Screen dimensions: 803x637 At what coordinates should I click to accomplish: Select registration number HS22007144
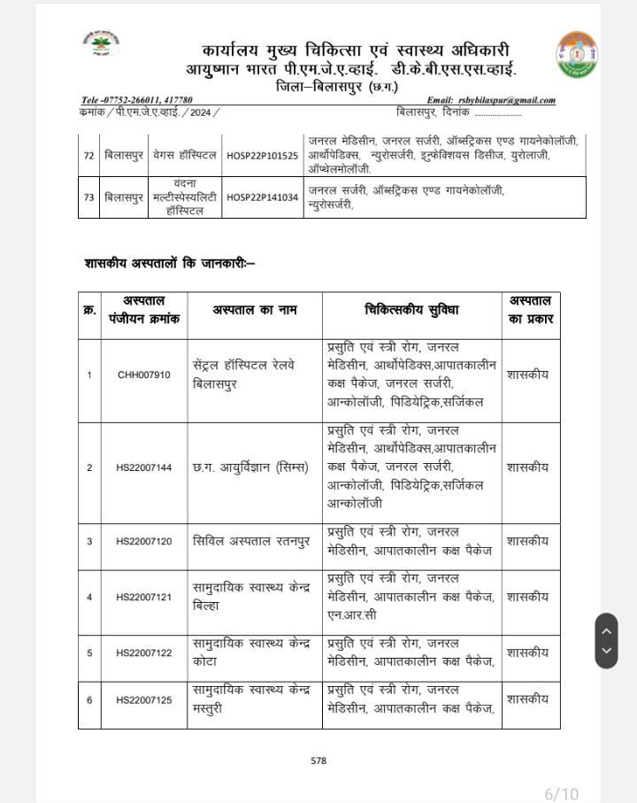click(x=143, y=467)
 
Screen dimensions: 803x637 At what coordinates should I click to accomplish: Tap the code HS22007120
click(x=143, y=541)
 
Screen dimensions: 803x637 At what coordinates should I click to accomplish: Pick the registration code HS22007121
click(x=143, y=597)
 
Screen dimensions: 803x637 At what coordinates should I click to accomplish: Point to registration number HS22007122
click(x=143, y=652)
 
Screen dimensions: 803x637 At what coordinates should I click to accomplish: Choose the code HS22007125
click(x=143, y=699)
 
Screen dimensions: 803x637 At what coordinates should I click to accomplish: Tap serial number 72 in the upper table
click(x=88, y=155)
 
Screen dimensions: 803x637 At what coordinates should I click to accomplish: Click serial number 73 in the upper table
click(x=88, y=197)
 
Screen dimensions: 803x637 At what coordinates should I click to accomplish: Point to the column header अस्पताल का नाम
click(x=254, y=310)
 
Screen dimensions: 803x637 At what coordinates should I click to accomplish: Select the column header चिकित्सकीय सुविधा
click(x=411, y=310)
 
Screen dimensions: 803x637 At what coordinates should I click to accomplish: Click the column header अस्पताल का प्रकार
click(x=530, y=310)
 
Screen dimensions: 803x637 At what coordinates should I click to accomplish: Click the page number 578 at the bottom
click(x=318, y=761)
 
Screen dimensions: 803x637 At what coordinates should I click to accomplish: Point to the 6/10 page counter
click(x=561, y=793)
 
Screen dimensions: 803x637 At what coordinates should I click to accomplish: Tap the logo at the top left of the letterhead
click(x=100, y=43)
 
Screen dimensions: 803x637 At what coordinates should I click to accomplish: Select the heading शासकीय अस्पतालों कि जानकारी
click(x=170, y=264)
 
